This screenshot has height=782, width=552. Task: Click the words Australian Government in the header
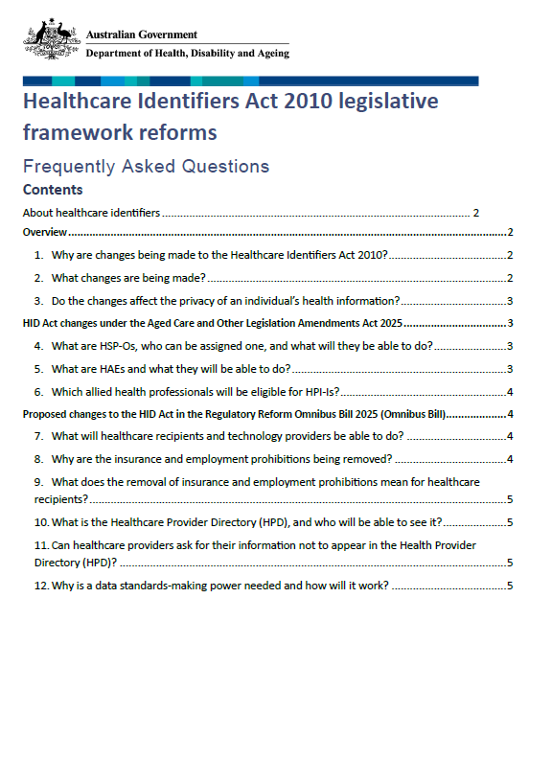[x=141, y=34]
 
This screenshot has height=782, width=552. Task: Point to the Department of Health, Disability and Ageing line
[x=187, y=54]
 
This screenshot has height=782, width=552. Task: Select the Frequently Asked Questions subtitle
[x=146, y=166]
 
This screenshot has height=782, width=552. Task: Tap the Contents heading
[x=53, y=190]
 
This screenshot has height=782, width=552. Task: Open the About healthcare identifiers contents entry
[x=92, y=213]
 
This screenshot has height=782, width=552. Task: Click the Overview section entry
[x=44, y=233]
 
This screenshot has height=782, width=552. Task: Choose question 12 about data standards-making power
[x=211, y=586]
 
